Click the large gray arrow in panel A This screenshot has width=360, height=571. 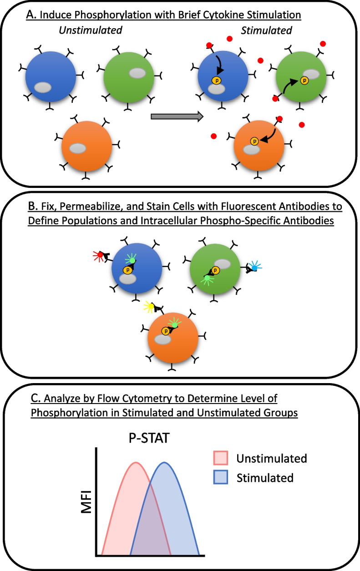177,117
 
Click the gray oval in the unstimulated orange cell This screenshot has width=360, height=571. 77,148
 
